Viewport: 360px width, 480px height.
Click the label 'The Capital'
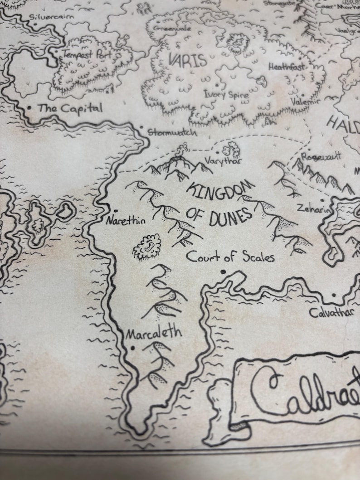(x=70, y=108)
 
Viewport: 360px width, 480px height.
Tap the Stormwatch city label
(x=172, y=133)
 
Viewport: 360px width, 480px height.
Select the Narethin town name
(x=126, y=221)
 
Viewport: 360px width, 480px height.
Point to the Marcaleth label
(x=154, y=334)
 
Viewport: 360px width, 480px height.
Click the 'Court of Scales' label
(x=230, y=257)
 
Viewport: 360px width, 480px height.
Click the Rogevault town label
(x=321, y=155)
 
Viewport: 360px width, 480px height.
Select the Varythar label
(x=223, y=161)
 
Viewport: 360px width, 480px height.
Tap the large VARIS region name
(x=187, y=60)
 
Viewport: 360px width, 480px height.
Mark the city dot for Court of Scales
(x=223, y=272)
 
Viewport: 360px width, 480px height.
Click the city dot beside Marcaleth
(x=132, y=348)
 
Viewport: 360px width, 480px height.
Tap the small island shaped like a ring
(x=67, y=211)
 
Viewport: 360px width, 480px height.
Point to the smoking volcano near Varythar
(x=184, y=150)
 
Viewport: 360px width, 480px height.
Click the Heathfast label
(x=287, y=67)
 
